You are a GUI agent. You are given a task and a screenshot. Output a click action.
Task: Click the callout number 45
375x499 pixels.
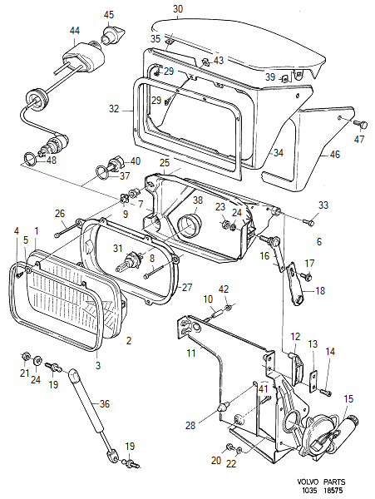click(109, 15)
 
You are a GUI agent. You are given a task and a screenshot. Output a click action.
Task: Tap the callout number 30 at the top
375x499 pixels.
click(178, 9)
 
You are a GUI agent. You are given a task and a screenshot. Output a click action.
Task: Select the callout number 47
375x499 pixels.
click(359, 139)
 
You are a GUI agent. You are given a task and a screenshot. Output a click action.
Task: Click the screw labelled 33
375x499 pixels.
click(308, 221)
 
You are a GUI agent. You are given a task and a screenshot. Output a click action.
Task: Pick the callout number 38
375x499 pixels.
click(198, 200)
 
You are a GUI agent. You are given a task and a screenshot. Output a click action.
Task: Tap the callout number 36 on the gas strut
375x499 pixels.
click(104, 404)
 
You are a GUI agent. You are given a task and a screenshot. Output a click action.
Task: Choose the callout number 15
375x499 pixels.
click(348, 398)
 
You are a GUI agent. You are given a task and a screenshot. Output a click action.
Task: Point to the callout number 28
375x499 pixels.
click(190, 426)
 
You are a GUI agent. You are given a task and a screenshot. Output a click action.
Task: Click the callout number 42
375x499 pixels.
click(224, 289)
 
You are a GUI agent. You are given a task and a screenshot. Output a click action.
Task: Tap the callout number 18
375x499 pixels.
click(320, 290)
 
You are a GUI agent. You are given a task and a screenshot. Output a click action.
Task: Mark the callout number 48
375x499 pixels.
click(51, 160)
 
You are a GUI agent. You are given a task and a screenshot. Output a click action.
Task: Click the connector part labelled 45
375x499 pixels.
click(113, 34)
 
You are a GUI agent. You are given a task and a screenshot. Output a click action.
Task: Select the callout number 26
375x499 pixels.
click(60, 213)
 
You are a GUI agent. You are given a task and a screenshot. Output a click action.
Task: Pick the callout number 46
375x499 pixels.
click(334, 155)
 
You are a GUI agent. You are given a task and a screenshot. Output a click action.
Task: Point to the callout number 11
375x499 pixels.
click(191, 353)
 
